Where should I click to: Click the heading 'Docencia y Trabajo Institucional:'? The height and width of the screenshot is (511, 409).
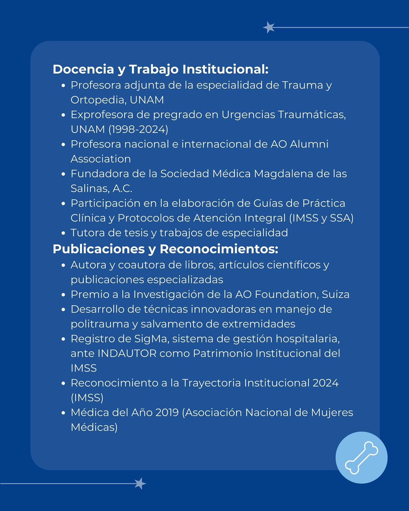click(160, 70)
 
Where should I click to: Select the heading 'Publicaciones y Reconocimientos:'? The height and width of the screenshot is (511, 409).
click(165, 249)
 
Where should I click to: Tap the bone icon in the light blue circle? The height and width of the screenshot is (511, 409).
click(361, 458)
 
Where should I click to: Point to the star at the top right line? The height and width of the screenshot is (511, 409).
click(269, 28)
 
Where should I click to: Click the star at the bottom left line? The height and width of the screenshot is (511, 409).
click(140, 483)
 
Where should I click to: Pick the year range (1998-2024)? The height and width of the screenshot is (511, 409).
click(138, 129)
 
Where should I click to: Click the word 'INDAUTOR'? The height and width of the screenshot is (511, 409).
click(127, 353)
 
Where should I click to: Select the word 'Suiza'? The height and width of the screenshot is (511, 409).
click(335, 294)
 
